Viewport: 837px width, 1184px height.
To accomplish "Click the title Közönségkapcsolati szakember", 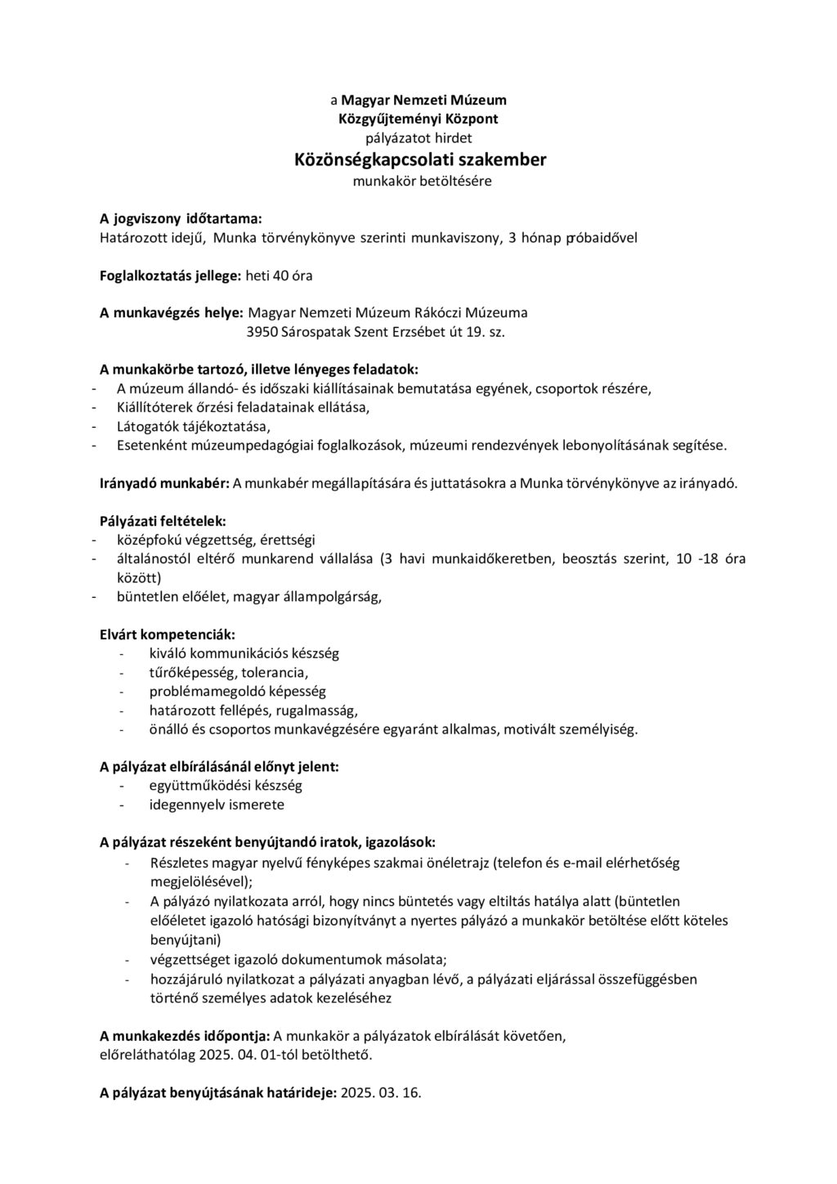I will tap(420, 159).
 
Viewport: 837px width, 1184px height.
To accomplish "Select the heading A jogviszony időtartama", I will tap(181, 218).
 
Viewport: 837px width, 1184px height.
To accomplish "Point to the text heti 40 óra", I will tap(279, 276).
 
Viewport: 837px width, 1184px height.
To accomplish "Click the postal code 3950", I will tap(262, 332).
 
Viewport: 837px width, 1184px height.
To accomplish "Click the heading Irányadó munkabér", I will tap(164, 483).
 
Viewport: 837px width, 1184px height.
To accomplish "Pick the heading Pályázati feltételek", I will tap(163, 521).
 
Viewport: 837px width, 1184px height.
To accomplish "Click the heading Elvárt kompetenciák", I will tap(167, 635).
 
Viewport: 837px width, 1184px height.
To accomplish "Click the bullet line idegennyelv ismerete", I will tap(217, 805).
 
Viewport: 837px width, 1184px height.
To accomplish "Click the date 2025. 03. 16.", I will tap(381, 1092).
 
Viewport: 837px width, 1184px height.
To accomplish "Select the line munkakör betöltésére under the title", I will tap(422, 181).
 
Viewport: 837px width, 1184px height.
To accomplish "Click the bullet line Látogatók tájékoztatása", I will tap(193, 427).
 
